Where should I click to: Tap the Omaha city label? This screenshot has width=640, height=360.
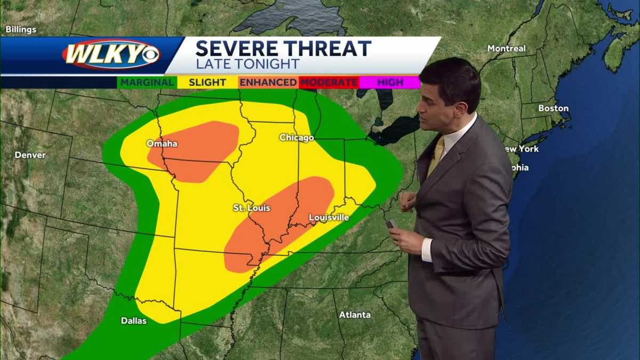(x=162, y=143)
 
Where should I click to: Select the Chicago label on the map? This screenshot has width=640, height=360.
(x=297, y=138)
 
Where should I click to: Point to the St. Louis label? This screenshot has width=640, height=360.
(x=252, y=208)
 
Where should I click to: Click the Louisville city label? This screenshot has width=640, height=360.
(x=329, y=218)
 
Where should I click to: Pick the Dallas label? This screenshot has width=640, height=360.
(x=133, y=321)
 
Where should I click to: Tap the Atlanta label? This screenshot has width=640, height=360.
(x=355, y=315)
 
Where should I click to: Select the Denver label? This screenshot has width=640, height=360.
(x=30, y=155)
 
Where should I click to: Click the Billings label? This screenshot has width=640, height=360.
(x=21, y=29)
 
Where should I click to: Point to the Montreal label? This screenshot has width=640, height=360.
(x=506, y=49)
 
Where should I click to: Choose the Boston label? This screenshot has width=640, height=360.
(x=553, y=108)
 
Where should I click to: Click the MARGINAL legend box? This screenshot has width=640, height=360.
(x=147, y=82)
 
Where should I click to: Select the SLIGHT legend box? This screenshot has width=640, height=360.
(x=207, y=82)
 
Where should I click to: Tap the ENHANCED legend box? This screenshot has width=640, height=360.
(x=268, y=82)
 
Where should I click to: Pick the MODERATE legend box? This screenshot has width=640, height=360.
(x=329, y=82)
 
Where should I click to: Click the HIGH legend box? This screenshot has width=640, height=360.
(x=390, y=82)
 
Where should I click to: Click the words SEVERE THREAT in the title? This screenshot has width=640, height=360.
(x=283, y=49)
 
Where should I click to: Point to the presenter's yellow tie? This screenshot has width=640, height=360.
(x=437, y=155)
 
